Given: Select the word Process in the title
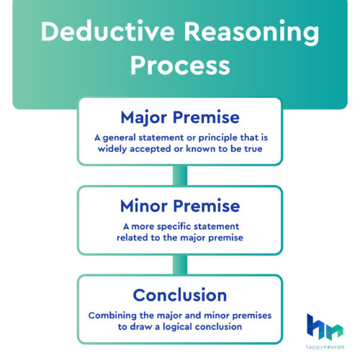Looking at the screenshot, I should pos(180,66).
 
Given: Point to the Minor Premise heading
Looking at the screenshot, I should pos(179,205).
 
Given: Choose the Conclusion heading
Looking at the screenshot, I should pos(179,294).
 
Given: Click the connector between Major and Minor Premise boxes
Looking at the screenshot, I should pos(179,175).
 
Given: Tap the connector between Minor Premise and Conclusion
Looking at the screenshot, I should pos(179,264).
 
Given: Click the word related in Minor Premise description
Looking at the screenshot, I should pos(134,238).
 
